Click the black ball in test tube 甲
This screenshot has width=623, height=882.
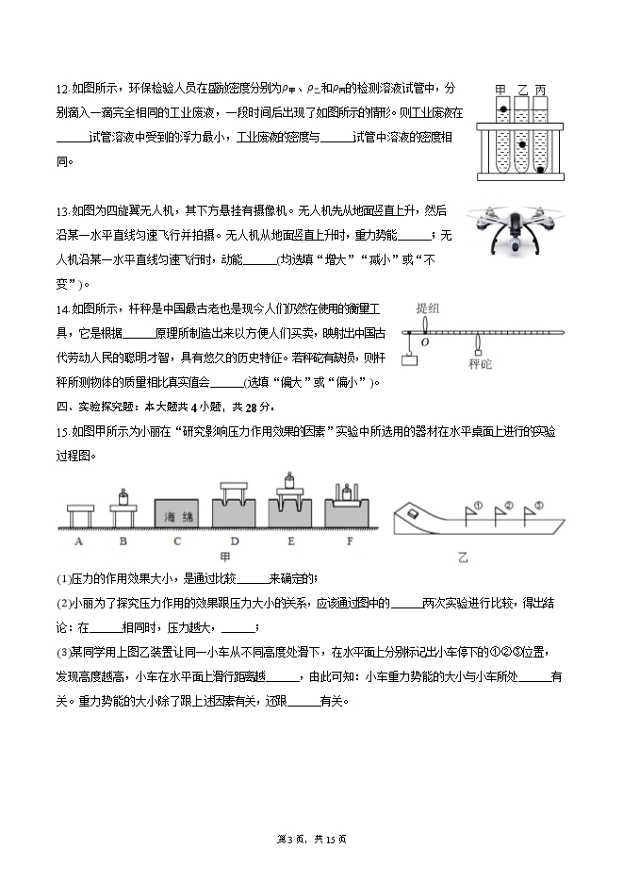point(503,111)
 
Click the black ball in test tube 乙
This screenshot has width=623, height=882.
point(521,131)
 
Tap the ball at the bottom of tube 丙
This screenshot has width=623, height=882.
point(540,171)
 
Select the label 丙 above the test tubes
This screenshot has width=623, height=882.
point(540,91)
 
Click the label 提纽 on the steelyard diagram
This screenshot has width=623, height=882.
point(427,308)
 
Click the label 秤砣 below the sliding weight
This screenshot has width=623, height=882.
point(480,363)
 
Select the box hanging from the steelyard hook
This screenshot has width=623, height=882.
point(409,358)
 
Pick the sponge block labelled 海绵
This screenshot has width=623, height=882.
point(175,515)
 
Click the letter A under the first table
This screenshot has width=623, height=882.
point(78,541)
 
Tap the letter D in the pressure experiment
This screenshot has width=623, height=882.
point(235,541)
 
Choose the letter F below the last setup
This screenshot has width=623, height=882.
point(350,541)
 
